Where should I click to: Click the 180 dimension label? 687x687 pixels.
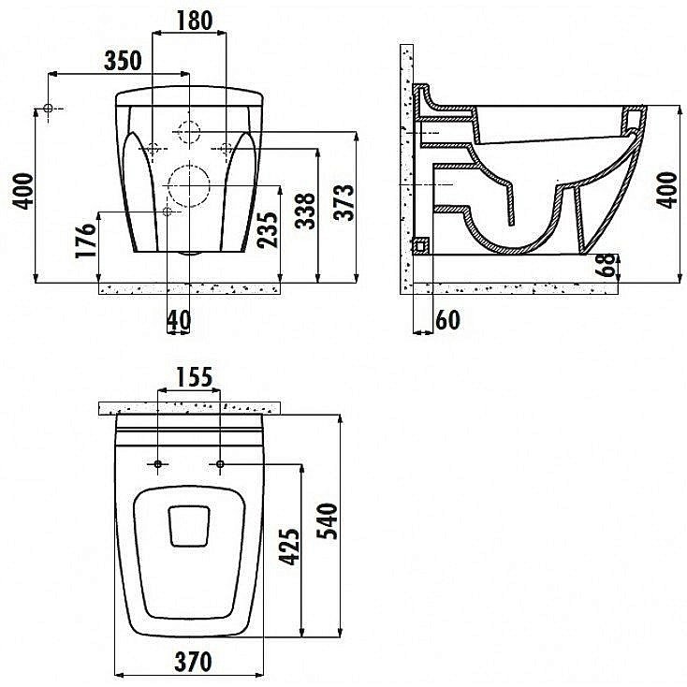coord(195,21)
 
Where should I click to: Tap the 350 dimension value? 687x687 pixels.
coord(124,61)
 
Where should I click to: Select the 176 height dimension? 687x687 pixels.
coord(85,241)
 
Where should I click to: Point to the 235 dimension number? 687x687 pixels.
coord(268,229)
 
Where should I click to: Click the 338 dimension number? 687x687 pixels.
coord(305,211)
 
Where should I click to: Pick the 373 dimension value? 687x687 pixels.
coord(343,202)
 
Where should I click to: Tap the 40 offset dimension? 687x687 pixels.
coord(179,320)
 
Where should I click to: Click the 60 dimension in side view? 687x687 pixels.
coord(447,320)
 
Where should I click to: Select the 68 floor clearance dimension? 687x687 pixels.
coord(606,266)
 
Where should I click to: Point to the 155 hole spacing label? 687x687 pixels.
coord(194,377)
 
